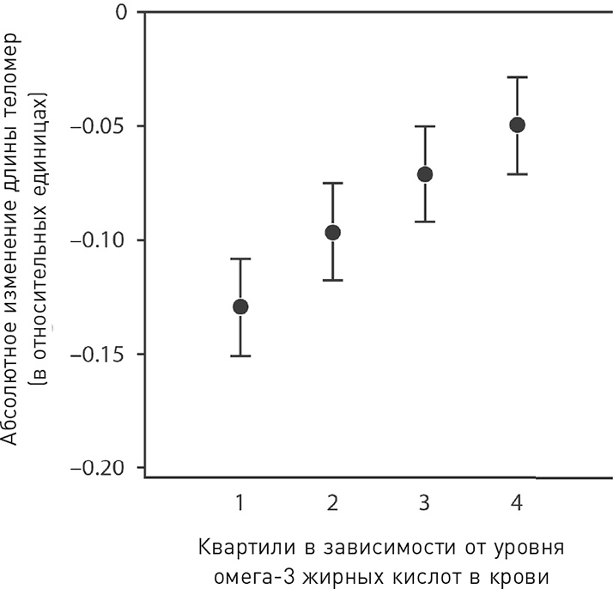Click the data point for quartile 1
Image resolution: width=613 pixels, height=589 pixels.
240,307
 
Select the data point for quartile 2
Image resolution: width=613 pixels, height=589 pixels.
333,232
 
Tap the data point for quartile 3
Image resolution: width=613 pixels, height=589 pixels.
425,174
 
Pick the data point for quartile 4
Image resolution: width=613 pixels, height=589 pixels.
517,124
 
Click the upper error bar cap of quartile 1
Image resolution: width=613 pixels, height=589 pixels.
240,258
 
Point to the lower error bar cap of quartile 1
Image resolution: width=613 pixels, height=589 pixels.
240,355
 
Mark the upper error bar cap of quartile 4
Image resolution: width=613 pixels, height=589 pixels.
517,77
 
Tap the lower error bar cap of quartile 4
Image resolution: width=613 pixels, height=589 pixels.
517,174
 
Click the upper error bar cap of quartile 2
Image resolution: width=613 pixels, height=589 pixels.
333,183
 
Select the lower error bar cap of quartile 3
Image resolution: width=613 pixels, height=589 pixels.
425,222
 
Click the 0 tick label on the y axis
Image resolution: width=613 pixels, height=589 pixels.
120,12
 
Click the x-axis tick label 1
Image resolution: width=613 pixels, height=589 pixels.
240,502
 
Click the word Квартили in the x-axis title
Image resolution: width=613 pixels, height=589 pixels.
234,547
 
